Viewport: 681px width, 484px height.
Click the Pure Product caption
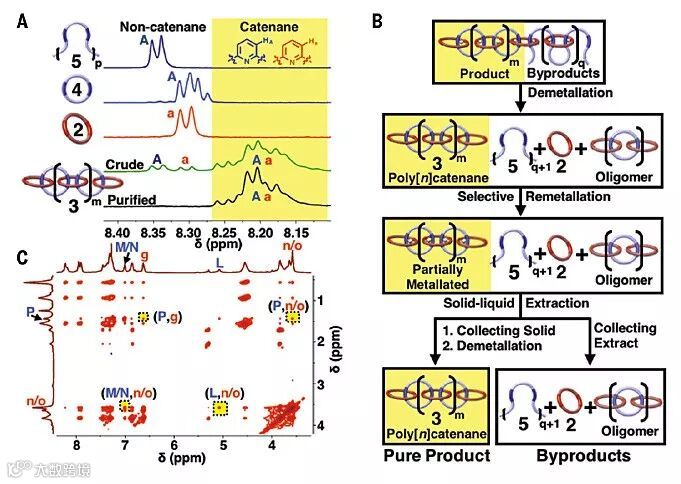pos(435,456)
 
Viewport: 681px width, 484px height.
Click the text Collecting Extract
pos(619,335)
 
